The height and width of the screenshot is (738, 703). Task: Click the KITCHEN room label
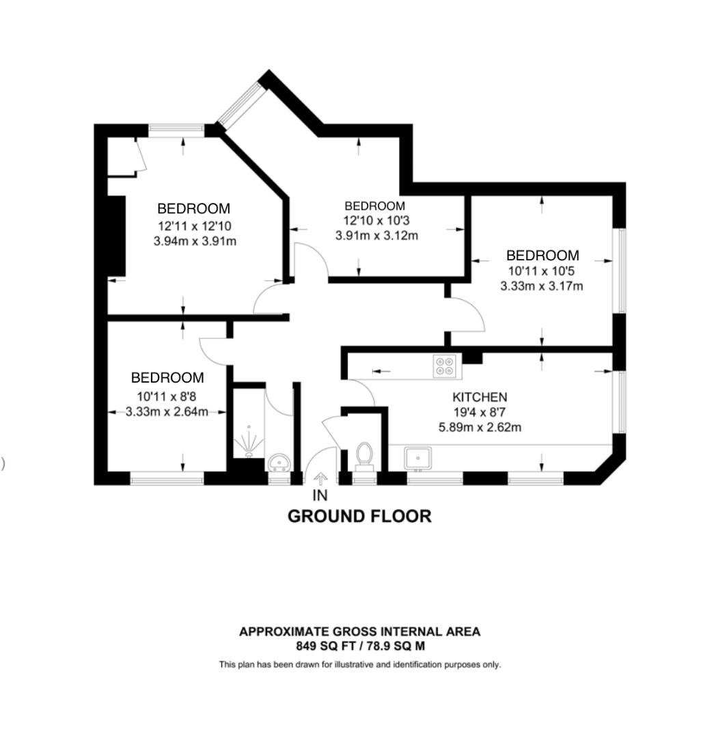pyautogui.click(x=480, y=397)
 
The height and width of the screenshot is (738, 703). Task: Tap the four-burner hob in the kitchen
pyautogui.click(x=445, y=367)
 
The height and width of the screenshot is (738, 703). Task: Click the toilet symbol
pyautogui.click(x=364, y=456)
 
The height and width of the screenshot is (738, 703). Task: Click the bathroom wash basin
pyautogui.click(x=280, y=463)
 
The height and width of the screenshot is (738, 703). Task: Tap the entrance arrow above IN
pyautogui.click(x=320, y=479)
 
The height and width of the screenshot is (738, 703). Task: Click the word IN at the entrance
pyautogui.click(x=320, y=495)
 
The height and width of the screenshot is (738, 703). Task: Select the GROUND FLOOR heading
pyautogui.click(x=359, y=517)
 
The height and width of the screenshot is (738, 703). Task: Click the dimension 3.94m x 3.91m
pyautogui.click(x=195, y=241)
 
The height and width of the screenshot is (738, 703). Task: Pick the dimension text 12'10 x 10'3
pyautogui.click(x=376, y=220)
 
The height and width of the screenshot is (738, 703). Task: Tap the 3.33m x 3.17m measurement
pyautogui.click(x=542, y=286)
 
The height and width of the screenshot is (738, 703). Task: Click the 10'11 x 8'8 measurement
pyautogui.click(x=167, y=396)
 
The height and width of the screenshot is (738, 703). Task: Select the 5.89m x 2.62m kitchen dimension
pyautogui.click(x=480, y=427)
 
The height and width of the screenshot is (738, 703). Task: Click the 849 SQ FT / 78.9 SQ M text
pyautogui.click(x=360, y=646)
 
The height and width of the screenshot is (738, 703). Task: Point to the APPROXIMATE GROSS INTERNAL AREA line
pyautogui.click(x=360, y=631)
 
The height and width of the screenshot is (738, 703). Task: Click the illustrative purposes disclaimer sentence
pyautogui.click(x=360, y=665)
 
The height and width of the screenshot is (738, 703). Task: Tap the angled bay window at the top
pyautogui.click(x=240, y=105)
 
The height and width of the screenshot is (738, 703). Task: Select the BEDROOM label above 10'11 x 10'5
pyautogui.click(x=542, y=256)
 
